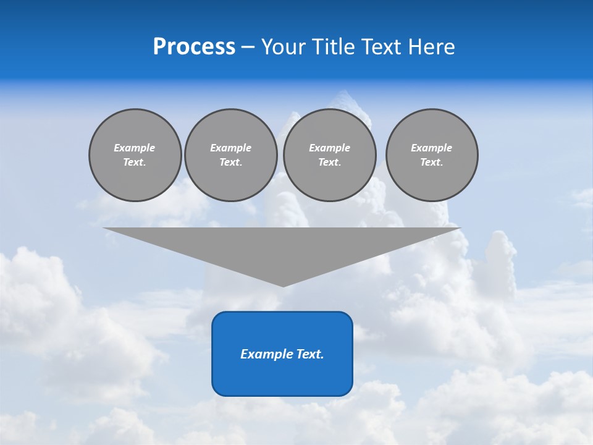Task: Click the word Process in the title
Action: pyautogui.click(x=194, y=47)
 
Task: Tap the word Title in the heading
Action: pyautogui.click(x=333, y=47)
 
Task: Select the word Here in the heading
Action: pyautogui.click(x=431, y=47)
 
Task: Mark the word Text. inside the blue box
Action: pyautogui.click(x=310, y=354)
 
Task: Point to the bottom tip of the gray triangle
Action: pyautogui.click(x=284, y=286)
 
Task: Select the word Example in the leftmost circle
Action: pyautogui.click(x=135, y=148)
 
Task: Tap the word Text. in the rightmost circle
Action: pyautogui.click(x=432, y=162)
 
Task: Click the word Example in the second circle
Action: pyautogui.click(x=230, y=148)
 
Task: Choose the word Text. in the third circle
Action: pyautogui.click(x=329, y=162)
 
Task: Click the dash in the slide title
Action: pyautogui.click(x=248, y=47)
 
